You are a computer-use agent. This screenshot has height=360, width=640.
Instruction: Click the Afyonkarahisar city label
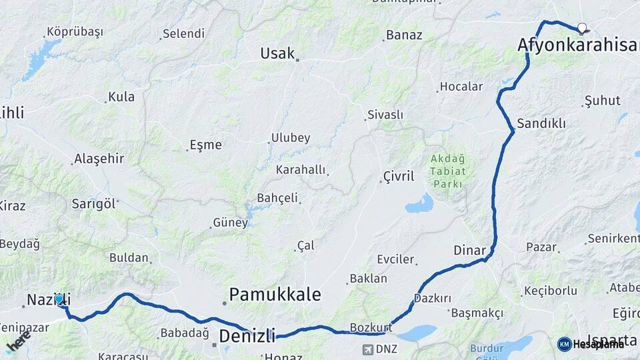tap(577, 45)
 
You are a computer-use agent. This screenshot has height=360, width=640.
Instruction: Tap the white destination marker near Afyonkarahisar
tap(582, 28)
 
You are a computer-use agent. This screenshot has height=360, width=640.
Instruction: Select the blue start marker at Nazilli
tap(59, 299)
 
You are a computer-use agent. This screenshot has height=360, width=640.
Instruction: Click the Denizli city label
tap(247, 335)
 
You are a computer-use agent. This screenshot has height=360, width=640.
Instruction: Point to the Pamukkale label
tap(275, 295)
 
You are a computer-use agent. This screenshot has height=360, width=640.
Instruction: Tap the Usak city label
tap(277, 53)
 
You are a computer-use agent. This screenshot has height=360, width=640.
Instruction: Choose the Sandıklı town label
tap(541, 123)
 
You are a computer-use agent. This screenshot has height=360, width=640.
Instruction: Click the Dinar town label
tap(469, 251)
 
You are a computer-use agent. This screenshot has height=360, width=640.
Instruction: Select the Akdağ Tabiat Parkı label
tap(448, 171)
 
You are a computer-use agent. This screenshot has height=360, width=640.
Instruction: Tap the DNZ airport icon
tap(369, 349)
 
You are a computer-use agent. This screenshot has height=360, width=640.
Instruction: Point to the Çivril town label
tap(399, 177)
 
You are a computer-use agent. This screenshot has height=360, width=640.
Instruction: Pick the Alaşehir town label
tap(99, 159)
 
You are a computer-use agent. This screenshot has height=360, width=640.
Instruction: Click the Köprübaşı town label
tap(75, 32)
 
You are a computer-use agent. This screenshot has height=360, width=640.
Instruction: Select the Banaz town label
tap(404, 35)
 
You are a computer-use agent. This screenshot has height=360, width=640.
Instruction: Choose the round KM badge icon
tap(565, 344)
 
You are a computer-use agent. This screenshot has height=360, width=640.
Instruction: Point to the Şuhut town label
tap(602, 101)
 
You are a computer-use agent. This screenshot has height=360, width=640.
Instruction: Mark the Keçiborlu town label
tap(551, 291)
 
